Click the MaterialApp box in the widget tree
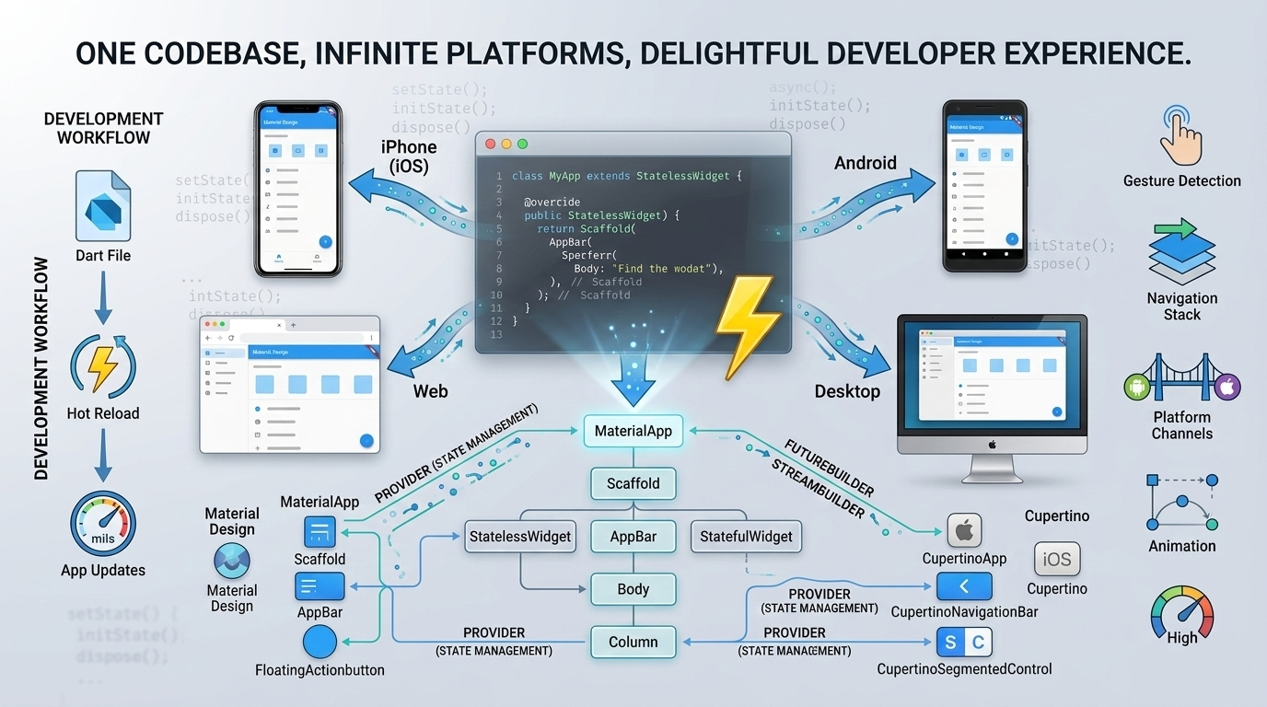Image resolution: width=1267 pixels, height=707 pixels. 633,431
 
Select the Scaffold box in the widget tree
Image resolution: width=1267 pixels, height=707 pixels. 633,483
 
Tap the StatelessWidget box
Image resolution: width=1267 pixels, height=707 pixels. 520,537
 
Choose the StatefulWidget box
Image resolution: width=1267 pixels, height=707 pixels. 746,537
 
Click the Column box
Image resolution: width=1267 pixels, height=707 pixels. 633,642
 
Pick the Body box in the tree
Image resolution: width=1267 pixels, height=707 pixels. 633,589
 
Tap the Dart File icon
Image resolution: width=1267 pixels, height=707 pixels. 103,206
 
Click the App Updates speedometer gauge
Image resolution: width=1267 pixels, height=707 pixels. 103,524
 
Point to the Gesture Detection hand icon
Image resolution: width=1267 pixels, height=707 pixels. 1181,134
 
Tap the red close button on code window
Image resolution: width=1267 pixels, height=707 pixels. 490,145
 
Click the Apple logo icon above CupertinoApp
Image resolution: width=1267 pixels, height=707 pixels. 964,530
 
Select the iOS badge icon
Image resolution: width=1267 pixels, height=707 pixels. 1057,559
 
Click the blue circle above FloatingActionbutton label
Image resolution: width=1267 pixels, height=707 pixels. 320,642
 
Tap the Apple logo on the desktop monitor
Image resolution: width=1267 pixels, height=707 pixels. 993,445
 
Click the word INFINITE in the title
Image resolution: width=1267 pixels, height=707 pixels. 397,52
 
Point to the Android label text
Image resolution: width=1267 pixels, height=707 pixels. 865,163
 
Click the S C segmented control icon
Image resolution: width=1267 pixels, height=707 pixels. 964,642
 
